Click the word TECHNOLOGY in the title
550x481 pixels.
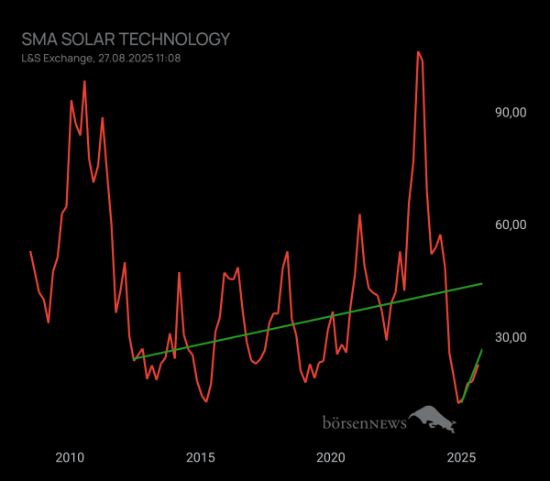click(176, 39)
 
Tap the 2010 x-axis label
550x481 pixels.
click(70, 457)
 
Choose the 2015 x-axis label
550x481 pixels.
click(201, 457)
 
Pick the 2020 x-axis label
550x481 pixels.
click(331, 457)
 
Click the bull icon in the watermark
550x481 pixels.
click(432, 421)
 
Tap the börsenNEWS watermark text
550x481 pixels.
click(364, 423)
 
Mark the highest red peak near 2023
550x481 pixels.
click(418, 52)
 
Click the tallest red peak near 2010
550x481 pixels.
click(84, 82)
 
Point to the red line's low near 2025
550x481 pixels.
click(458, 402)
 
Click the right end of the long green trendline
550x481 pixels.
click(482, 284)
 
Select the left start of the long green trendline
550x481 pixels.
click(134, 359)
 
